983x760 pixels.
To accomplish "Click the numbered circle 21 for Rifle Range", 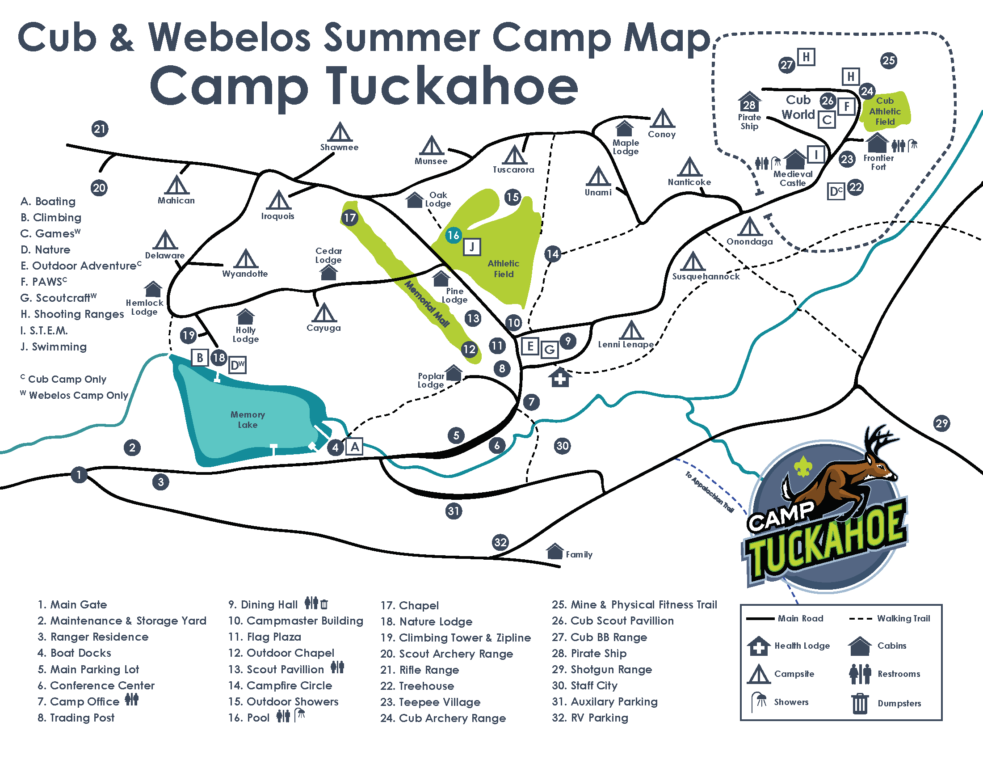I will [x=100, y=129].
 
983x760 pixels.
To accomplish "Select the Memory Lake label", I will [x=248, y=420].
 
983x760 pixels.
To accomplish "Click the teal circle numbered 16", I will [x=453, y=235].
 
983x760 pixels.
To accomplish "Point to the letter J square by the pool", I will [x=472, y=247].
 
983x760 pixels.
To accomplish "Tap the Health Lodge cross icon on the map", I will [x=560, y=377].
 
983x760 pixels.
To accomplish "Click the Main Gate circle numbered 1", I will [x=79, y=474].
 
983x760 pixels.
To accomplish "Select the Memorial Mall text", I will [x=427, y=304].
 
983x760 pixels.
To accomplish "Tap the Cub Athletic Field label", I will [x=885, y=111].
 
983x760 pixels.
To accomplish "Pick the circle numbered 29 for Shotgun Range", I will [x=941, y=423].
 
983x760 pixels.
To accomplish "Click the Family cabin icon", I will [x=555, y=551].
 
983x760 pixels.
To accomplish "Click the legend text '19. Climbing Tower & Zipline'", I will [x=455, y=638].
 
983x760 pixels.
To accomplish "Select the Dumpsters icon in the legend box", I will [x=859, y=703].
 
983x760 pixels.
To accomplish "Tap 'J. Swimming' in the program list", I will [x=54, y=346].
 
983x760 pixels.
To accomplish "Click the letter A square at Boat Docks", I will [x=355, y=447].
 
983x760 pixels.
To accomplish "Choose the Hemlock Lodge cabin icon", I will [x=153, y=289].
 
